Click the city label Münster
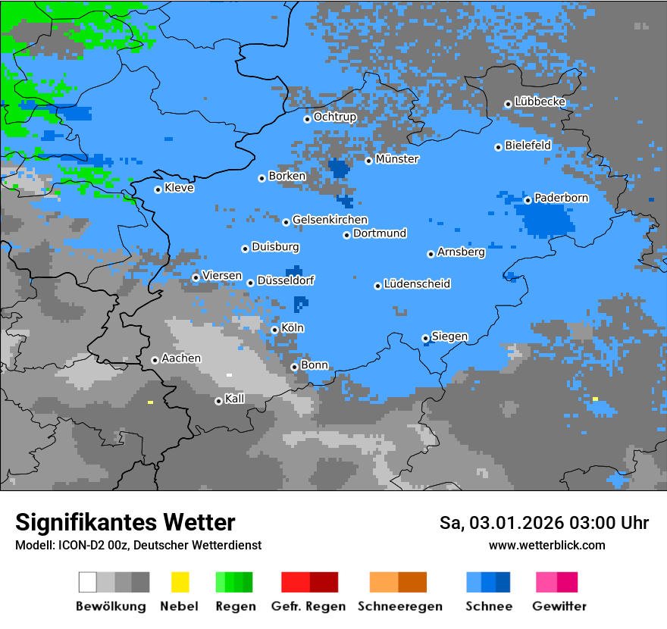point(397,159)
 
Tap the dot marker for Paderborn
point(528,200)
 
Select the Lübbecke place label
point(540,102)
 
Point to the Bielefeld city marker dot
point(498,147)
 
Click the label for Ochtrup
point(335,117)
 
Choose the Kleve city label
point(179,188)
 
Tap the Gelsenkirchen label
point(330,220)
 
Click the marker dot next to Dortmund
point(346,235)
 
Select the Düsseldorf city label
point(286,280)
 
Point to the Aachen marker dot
point(155,360)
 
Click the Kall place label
point(235,399)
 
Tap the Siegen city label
point(449,336)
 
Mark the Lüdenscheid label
point(417,284)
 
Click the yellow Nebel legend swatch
point(180,582)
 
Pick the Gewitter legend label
point(559,606)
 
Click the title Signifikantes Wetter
point(125,522)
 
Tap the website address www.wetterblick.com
point(546,545)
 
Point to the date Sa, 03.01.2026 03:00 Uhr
point(543,523)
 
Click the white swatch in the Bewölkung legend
point(88,582)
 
